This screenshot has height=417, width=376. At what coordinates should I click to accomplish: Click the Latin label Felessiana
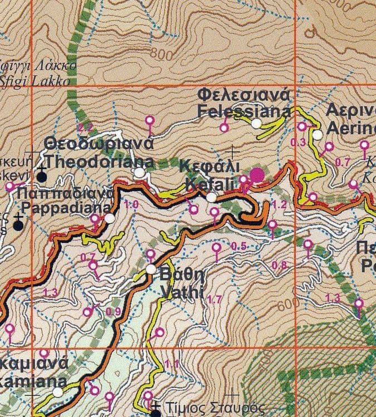244,110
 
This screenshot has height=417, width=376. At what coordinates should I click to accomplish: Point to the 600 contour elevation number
287,306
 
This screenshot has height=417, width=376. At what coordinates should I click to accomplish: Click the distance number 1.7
214,300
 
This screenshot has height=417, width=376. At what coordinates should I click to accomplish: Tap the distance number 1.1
172,364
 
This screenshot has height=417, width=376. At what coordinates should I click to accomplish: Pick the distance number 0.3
299,143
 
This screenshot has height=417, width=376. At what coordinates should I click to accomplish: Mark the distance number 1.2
280,205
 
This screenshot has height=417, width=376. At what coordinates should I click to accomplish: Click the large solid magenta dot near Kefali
257,175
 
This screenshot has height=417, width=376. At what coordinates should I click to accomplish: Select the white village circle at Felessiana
256,124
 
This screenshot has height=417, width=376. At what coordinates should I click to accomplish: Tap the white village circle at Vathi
152,269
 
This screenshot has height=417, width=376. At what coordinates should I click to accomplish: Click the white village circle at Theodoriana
139,174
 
